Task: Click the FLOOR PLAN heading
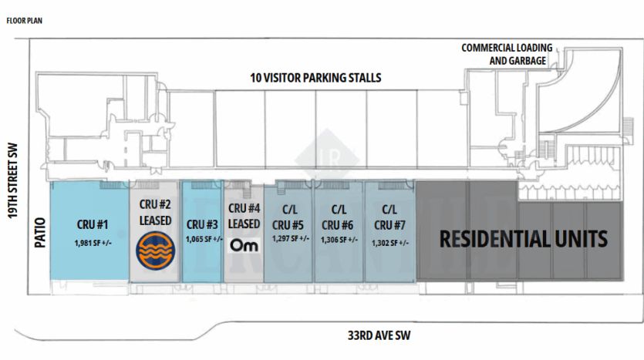(24, 21)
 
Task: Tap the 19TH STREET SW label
(13, 180)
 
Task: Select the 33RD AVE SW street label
(379, 335)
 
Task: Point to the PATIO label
(40, 233)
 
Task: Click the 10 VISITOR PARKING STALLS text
(315, 78)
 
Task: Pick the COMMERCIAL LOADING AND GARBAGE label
(507, 54)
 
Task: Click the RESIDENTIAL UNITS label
(523, 239)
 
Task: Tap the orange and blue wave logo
(156, 251)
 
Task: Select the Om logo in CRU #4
(244, 245)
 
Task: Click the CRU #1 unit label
(93, 224)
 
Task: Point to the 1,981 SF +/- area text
(93, 243)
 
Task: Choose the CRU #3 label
(202, 224)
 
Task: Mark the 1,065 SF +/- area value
(204, 239)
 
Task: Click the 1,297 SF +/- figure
(290, 238)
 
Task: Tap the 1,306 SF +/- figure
(339, 240)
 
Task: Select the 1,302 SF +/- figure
(390, 243)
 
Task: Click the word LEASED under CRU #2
(155, 220)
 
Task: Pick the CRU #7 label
(389, 225)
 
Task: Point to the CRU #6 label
(337, 225)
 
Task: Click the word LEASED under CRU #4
(244, 224)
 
